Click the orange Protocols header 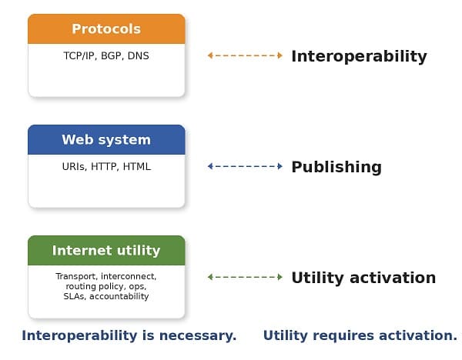pos(106,29)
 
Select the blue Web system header pos(106,140)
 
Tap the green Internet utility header pos(106,251)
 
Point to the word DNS pos(139,56)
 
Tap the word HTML pos(136,167)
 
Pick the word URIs pos(74,167)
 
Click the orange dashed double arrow pos(245,55)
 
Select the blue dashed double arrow pos(245,166)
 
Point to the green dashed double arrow pos(245,277)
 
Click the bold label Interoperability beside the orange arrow pos(358,56)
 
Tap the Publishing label pos(336,167)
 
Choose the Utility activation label pos(363,278)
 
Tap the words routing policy pos(91,286)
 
